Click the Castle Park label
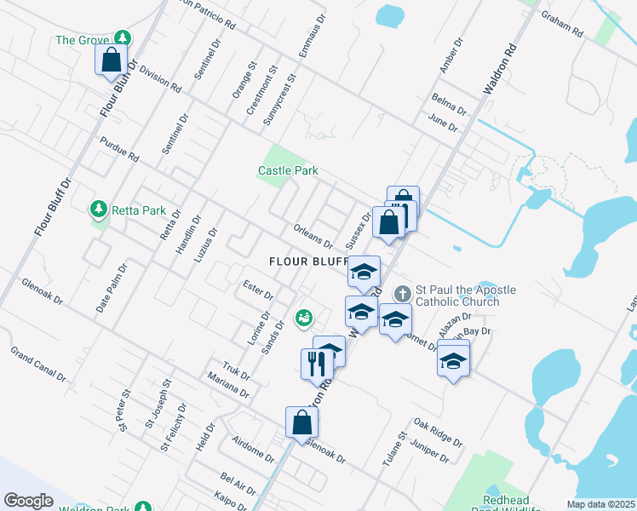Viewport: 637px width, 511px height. (288, 170)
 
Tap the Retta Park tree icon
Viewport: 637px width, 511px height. (99, 209)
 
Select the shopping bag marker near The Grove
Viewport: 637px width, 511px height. (111, 60)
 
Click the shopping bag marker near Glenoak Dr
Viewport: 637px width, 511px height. (302, 422)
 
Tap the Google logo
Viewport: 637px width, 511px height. (28, 500)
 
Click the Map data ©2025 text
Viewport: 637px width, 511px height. (600, 504)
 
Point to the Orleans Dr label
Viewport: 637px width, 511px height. (313, 235)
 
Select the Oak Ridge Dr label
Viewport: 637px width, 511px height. (438, 433)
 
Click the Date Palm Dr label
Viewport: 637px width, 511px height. (112, 287)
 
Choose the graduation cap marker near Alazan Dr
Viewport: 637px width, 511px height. (454, 361)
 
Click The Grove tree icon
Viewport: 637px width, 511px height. (123, 38)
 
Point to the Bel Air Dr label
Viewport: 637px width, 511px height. (238, 483)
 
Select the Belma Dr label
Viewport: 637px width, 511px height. (449, 103)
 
